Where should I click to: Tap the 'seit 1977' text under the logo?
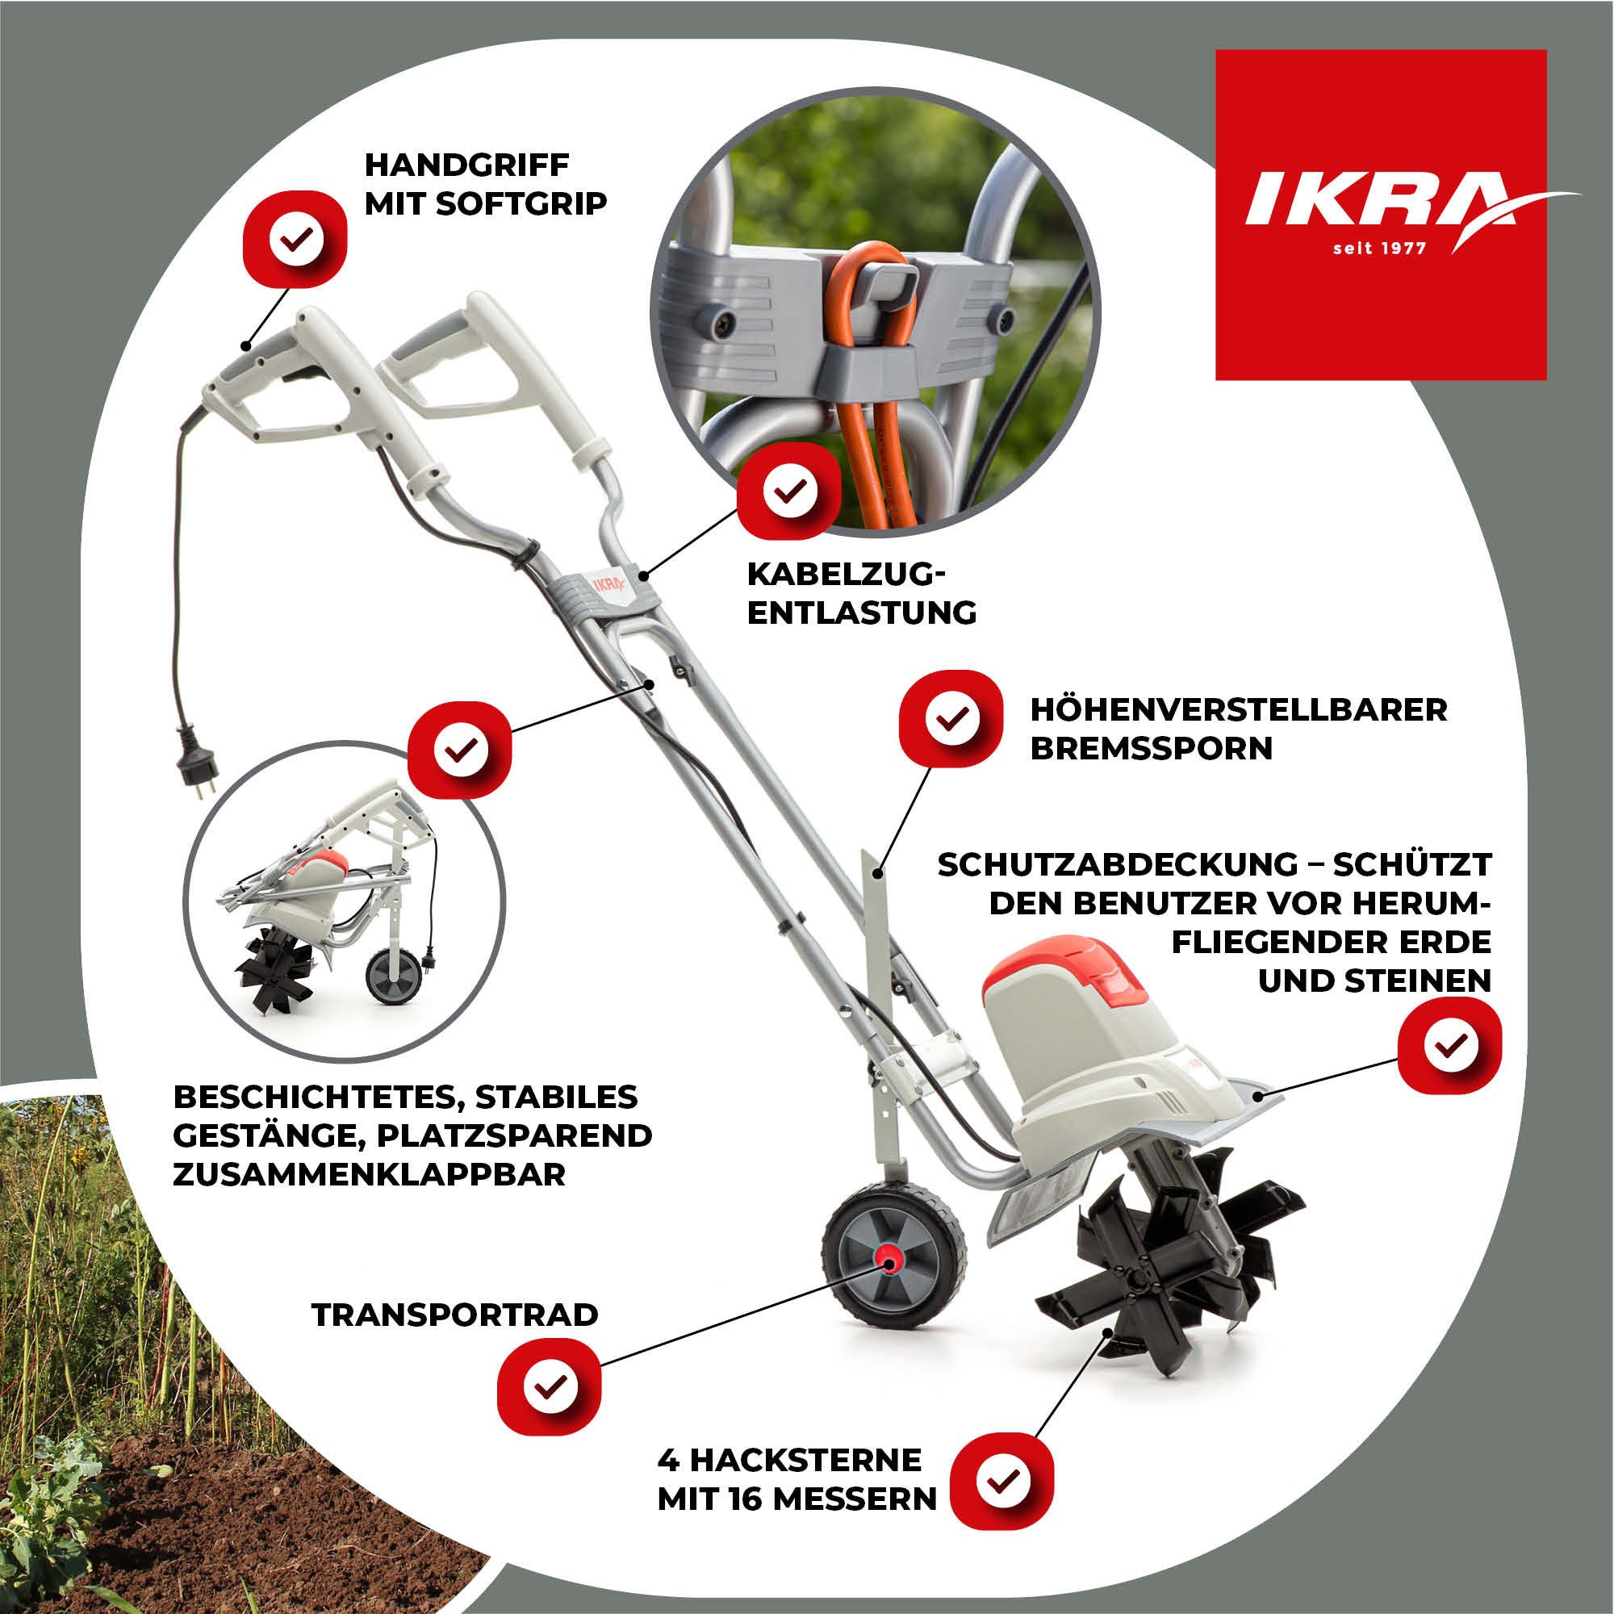1380,248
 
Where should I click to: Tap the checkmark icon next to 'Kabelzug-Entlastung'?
788,491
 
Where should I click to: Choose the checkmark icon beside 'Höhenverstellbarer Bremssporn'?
950,717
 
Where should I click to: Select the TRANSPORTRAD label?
455,1314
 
